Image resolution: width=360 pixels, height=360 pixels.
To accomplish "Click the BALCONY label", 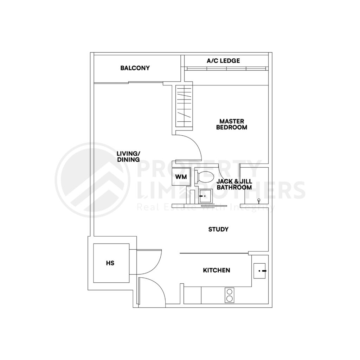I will [135, 68].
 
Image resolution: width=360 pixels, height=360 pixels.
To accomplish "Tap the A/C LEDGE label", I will [223, 61].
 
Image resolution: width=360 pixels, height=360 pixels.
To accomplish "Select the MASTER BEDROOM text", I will [231, 124].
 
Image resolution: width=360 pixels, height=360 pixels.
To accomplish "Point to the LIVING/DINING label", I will [128, 156].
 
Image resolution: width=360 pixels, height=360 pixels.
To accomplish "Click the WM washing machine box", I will [181, 176].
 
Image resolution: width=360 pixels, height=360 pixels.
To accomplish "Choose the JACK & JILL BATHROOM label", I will [234, 184].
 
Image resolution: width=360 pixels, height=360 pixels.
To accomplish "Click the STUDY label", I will [218, 230].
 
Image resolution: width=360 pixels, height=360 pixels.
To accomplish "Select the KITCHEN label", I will [217, 270].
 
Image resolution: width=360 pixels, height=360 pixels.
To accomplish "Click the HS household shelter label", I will [110, 263].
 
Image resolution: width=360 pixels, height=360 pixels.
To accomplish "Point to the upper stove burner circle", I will [230, 291].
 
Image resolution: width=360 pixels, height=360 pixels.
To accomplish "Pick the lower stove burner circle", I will [230, 298].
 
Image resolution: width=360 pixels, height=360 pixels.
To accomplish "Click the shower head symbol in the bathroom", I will [259, 201].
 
